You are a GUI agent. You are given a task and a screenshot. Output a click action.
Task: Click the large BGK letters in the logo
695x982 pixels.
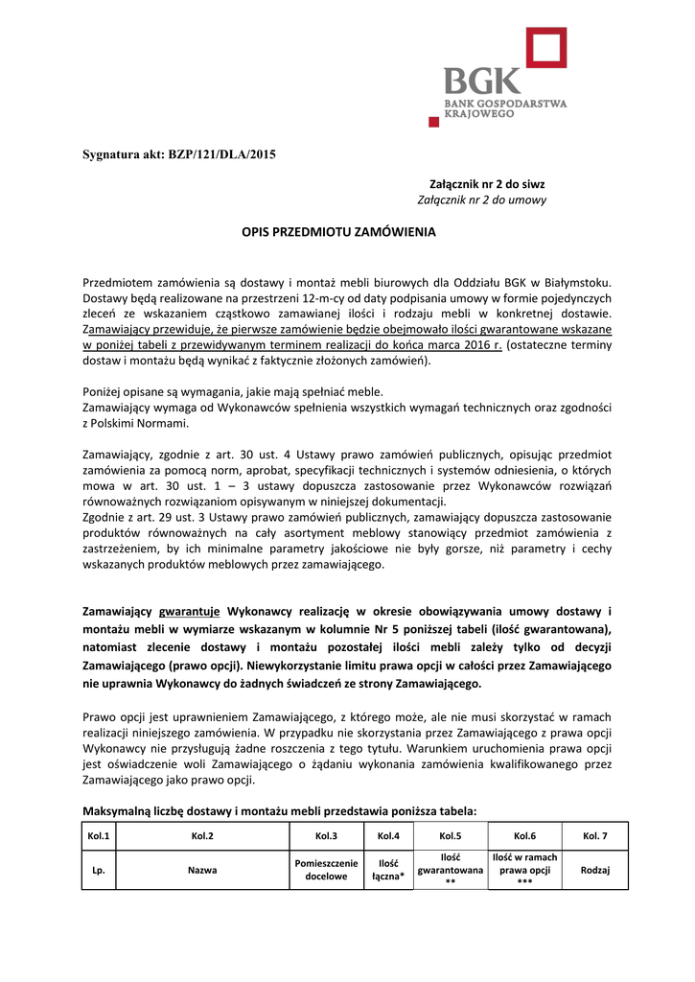[x=482, y=81]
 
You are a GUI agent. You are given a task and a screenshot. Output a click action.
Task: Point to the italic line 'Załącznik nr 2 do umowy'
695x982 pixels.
[x=482, y=200]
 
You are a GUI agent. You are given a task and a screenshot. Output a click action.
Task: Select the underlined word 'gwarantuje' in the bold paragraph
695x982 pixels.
[x=190, y=611]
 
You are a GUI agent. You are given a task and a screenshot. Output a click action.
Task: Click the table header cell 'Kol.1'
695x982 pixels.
[x=98, y=836]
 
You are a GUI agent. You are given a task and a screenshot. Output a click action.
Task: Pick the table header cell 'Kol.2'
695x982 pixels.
[x=202, y=836]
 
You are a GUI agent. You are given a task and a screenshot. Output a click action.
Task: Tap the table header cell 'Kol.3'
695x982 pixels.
[x=326, y=836]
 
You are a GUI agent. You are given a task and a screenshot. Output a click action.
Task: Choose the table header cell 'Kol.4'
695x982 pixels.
[x=388, y=836]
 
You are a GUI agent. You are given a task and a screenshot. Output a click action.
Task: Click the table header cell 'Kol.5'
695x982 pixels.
[x=450, y=836]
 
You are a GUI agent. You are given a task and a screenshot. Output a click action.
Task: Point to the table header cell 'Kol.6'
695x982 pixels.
[x=524, y=836]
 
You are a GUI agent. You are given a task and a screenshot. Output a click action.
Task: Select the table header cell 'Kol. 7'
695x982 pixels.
[x=595, y=836]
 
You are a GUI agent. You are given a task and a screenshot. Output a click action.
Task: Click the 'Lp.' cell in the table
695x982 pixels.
[x=98, y=871]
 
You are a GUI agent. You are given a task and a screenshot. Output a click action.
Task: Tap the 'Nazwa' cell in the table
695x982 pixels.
[x=202, y=871]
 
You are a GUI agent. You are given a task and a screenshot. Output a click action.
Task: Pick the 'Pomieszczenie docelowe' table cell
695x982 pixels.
[x=326, y=871]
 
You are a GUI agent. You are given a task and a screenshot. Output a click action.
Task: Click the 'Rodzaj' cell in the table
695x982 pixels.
[x=595, y=871]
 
